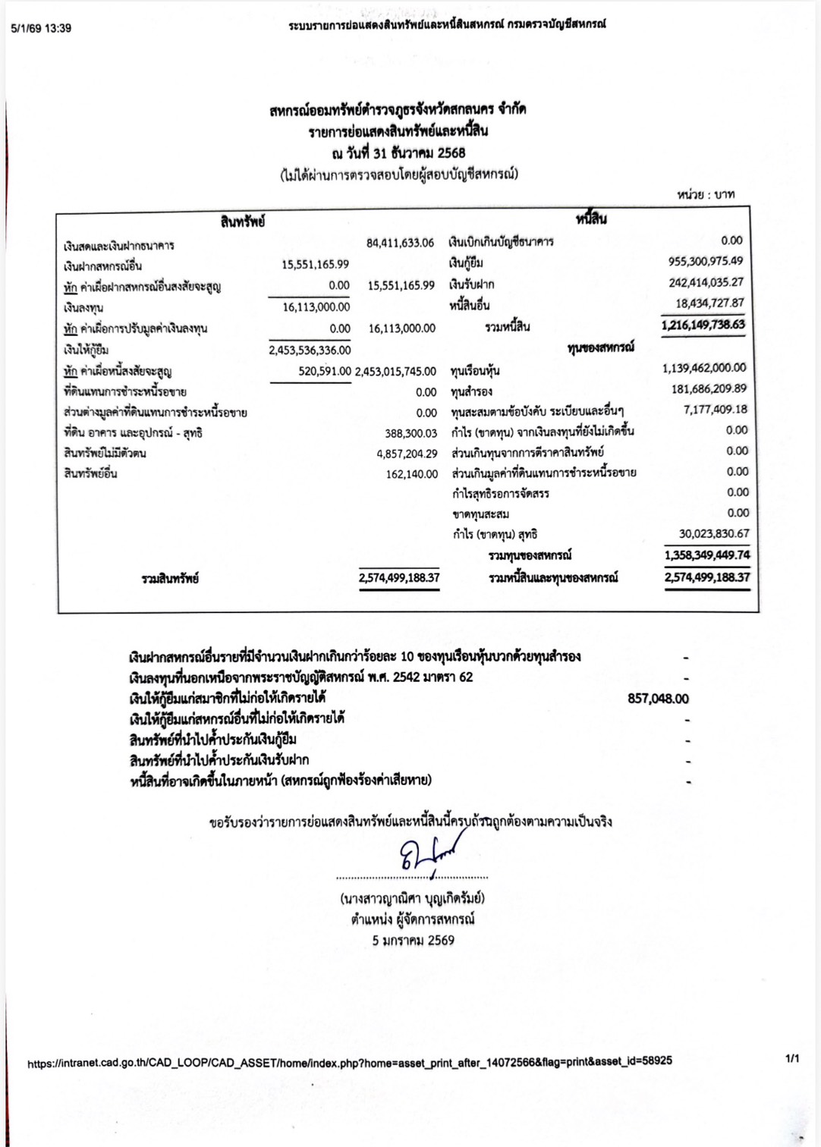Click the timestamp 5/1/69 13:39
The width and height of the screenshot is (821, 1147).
coord(41,29)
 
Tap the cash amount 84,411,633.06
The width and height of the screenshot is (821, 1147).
coord(400,243)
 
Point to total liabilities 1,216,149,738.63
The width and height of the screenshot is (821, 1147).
coord(703,325)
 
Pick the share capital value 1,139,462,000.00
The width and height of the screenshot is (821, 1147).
coord(704,368)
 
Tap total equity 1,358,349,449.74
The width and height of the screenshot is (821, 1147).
coord(707,555)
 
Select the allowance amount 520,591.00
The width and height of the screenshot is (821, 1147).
coord(325,371)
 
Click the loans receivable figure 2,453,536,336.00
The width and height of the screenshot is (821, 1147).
coord(310,350)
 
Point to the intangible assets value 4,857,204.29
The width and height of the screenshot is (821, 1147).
coord(407,454)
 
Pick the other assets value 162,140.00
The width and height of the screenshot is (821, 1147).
coord(412,474)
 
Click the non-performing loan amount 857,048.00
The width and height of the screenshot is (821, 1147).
coord(658,699)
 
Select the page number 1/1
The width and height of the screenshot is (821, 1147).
coord(792,1058)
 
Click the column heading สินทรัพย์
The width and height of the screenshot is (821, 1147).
coord(243,222)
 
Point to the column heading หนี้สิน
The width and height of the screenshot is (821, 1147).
coord(591,219)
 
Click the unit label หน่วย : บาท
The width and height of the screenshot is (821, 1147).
coord(706,195)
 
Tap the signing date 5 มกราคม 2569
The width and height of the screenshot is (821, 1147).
coord(413,940)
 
